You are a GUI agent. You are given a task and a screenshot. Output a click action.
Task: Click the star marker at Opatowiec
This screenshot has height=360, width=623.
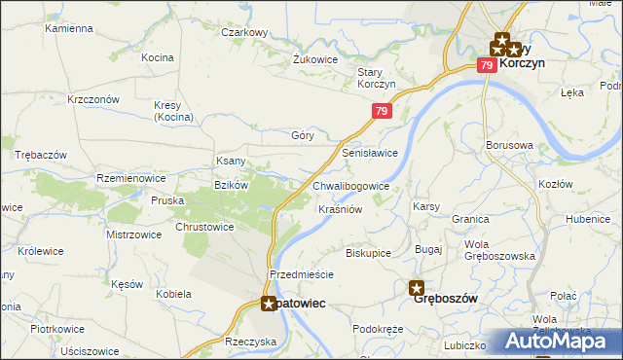(269, 304)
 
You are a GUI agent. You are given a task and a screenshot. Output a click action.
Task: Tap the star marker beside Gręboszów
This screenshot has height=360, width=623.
(417, 288)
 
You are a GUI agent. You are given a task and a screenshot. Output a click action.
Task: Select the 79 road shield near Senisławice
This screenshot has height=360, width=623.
(382, 113)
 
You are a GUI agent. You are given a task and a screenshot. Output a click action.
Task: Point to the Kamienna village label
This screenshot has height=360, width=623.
(68, 29)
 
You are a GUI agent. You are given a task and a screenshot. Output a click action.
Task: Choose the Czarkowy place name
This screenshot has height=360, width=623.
(244, 32)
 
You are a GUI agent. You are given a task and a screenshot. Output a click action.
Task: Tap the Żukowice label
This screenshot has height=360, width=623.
(315, 58)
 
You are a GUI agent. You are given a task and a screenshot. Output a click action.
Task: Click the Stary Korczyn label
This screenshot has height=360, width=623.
(376, 79)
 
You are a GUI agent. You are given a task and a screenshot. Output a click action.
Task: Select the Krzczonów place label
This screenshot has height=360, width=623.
(92, 99)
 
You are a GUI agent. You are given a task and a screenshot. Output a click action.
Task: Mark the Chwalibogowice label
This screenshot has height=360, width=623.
(351, 186)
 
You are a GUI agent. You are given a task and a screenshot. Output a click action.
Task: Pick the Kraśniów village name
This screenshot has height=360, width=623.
(341, 209)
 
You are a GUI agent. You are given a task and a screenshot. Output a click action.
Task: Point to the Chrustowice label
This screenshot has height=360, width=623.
(204, 227)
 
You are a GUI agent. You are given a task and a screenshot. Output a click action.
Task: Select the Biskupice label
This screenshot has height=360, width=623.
(368, 253)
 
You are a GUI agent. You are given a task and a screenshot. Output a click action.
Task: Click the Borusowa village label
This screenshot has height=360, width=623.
(509, 146)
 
